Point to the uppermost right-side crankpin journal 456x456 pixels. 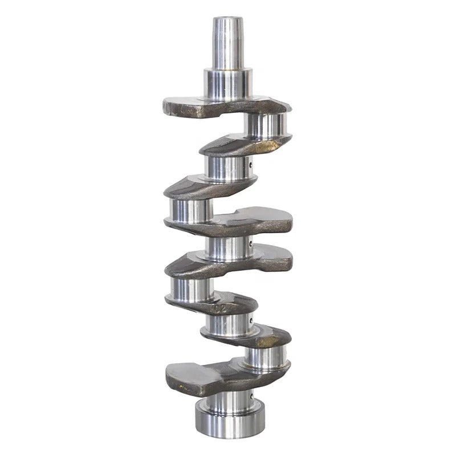click(266, 125)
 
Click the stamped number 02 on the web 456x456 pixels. click(219, 307)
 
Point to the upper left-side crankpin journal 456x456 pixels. click(191, 210)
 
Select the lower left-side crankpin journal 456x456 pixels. click(191, 289)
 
